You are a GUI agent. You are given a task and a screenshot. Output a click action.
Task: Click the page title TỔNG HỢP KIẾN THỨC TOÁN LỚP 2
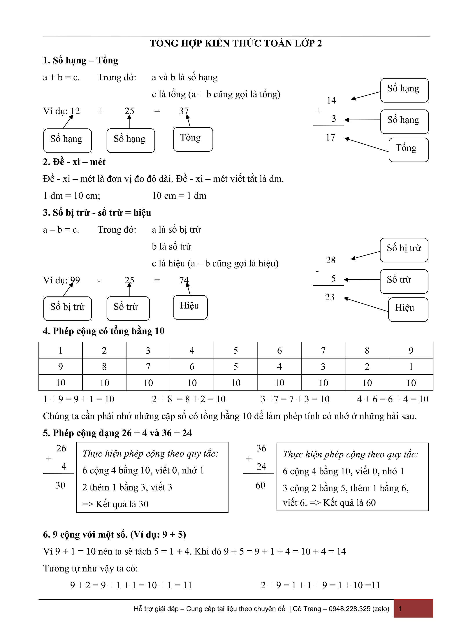pyautogui.click(x=236, y=43)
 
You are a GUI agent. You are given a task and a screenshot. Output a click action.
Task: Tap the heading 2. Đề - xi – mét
pyautogui.click(x=74, y=162)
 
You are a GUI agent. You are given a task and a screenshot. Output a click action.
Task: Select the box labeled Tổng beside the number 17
pyautogui.click(x=408, y=150)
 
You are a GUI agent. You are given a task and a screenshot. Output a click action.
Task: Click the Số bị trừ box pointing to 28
pyautogui.click(x=404, y=250)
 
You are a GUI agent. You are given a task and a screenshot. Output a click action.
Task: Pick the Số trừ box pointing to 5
pyautogui.click(x=404, y=281)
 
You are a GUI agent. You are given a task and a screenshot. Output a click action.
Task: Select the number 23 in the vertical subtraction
pyautogui.click(x=330, y=297)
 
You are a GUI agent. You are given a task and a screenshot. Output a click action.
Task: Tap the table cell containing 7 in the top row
pyautogui.click(x=323, y=350)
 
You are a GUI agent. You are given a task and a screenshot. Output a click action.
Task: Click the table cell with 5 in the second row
pyautogui.click(x=236, y=367)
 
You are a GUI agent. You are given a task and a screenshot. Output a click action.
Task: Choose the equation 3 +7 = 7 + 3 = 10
pyautogui.click(x=295, y=399)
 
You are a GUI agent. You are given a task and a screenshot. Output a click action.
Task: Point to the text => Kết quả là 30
pyautogui.click(x=115, y=504)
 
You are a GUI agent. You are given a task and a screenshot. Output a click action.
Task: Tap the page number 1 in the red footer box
pyautogui.click(x=400, y=609)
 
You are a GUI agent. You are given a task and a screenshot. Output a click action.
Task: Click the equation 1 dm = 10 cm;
pyautogui.click(x=72, y=196)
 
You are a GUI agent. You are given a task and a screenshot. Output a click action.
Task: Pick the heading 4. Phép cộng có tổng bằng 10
pyautogui.click(x=104, y=331)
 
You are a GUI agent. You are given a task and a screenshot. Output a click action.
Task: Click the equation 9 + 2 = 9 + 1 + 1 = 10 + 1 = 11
pyautogui.click(x=131, y=585)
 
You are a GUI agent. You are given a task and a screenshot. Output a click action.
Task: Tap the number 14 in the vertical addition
pyautogui.click(x=331, y=100)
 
